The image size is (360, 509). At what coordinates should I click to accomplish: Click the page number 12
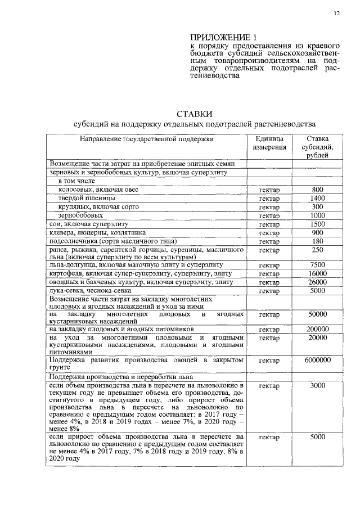[x=336, y=13]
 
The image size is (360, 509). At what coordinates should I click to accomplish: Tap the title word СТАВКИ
[x=194, y=114]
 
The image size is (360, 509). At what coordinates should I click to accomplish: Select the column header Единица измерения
[x=269, y=143]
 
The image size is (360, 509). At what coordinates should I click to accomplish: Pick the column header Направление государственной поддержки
[x=147, y=138]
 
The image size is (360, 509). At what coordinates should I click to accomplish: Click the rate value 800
[x=318, y=190]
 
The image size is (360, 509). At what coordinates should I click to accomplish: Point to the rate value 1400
[x=318, y=199]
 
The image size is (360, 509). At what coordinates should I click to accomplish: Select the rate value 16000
[x=318, y=273]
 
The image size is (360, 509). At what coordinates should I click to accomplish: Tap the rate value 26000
[x=318, y=282]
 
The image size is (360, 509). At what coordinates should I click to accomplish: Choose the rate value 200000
[x=318, y=329]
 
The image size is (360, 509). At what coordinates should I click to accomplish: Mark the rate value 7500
[x=318, y=264]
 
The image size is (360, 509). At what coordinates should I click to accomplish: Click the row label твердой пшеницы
[x=87, y=199]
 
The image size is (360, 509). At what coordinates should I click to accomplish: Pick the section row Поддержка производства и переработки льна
[x=121, y=376]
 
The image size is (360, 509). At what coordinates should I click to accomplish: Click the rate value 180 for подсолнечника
[x=318, y=240]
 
